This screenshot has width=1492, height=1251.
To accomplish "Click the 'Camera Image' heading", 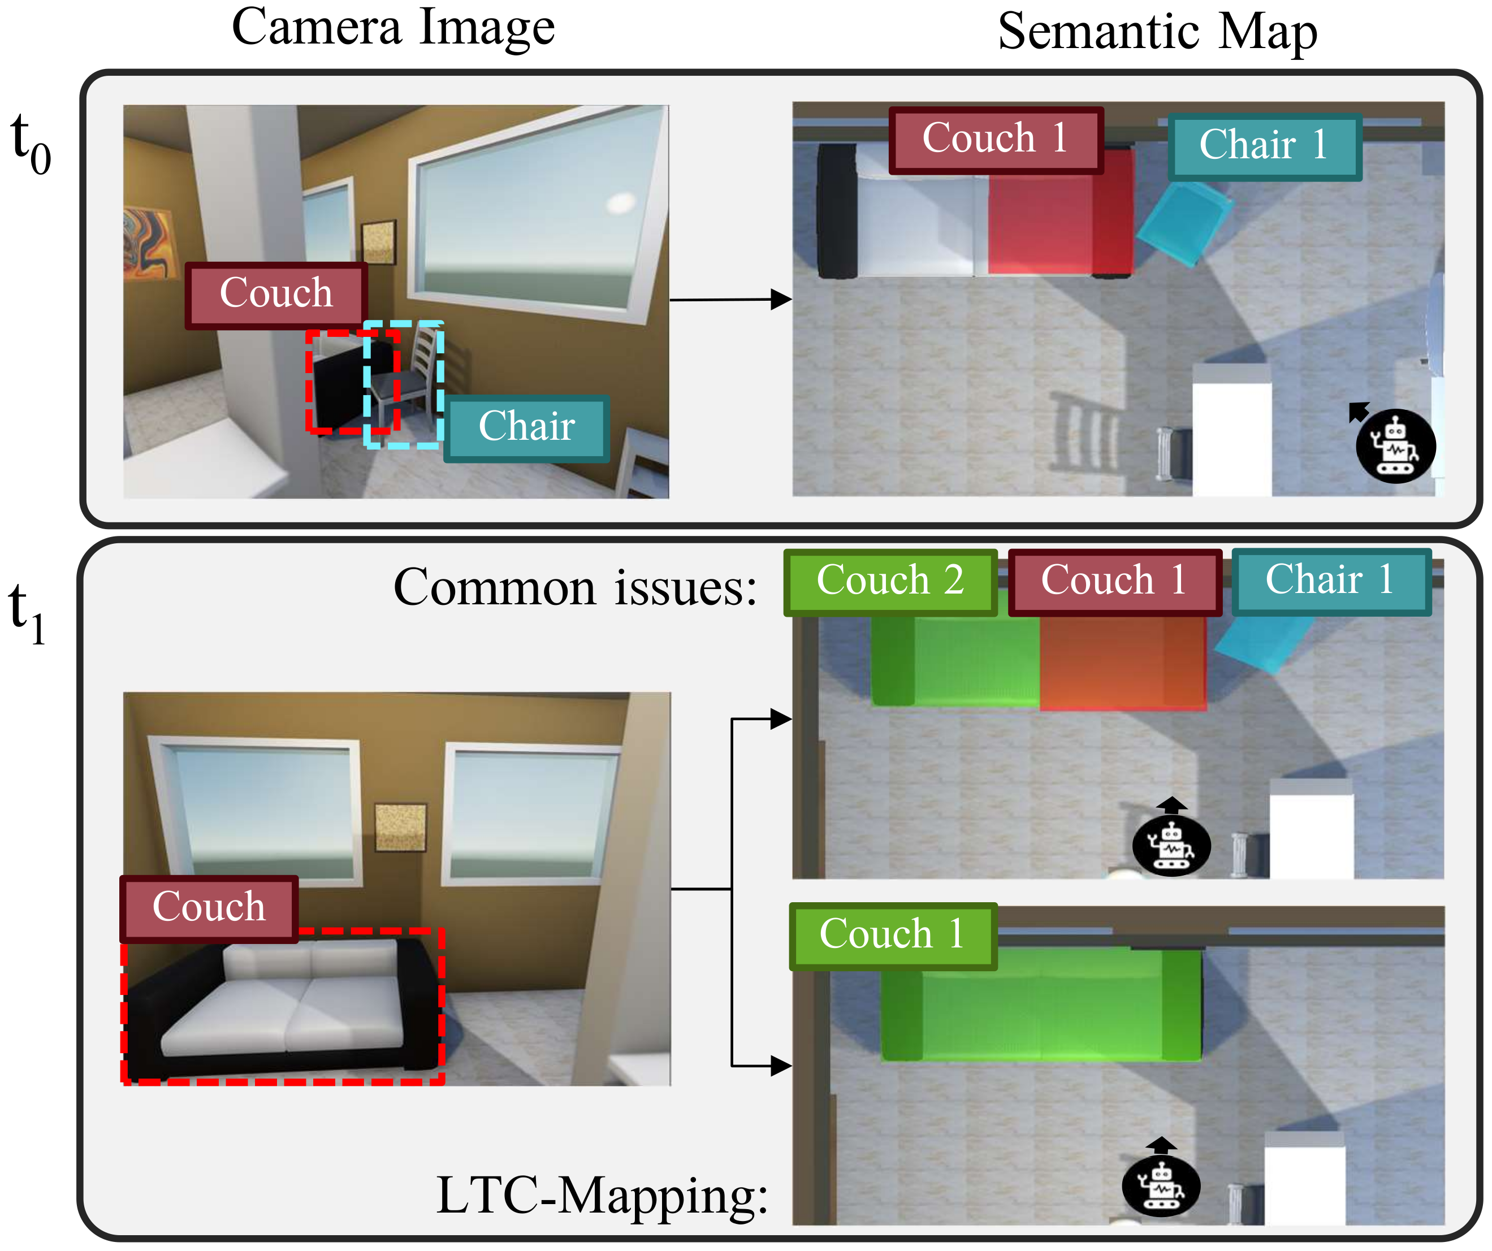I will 393,28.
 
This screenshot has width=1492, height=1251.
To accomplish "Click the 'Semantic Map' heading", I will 1157,32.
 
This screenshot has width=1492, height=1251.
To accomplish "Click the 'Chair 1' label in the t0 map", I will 1264,146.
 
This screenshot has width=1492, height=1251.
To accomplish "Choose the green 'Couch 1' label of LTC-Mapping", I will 892,935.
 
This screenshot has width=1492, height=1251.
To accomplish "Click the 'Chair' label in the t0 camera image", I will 526,428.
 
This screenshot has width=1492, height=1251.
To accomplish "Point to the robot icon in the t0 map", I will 1395,446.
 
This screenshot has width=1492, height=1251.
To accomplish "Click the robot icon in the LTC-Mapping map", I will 1161,1185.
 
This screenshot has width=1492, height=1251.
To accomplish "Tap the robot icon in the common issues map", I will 1171,844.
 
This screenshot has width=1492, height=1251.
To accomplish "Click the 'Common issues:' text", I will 575,588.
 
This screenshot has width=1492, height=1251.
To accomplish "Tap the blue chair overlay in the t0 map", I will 1184,222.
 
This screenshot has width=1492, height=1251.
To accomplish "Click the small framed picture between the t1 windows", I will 400,827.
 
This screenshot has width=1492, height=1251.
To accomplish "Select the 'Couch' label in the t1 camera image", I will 209,908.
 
